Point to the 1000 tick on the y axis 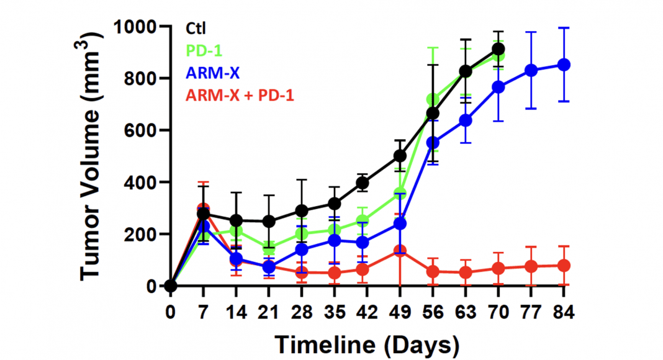(x=139, y=27)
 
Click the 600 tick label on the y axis (x=143, y=130)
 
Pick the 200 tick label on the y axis (x=143, y=234)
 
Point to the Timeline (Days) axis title (x=368, y=343)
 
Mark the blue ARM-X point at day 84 (x=564, y=65)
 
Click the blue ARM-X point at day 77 (x=531, y=70)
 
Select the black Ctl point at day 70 (x=498, y=49)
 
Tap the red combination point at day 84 (x=564, y=266)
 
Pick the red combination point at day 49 (x=400, y=251)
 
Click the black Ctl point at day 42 (x=367, y=182)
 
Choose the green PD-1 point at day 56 (x=433, y=99)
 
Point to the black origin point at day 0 (x=170, y=286)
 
